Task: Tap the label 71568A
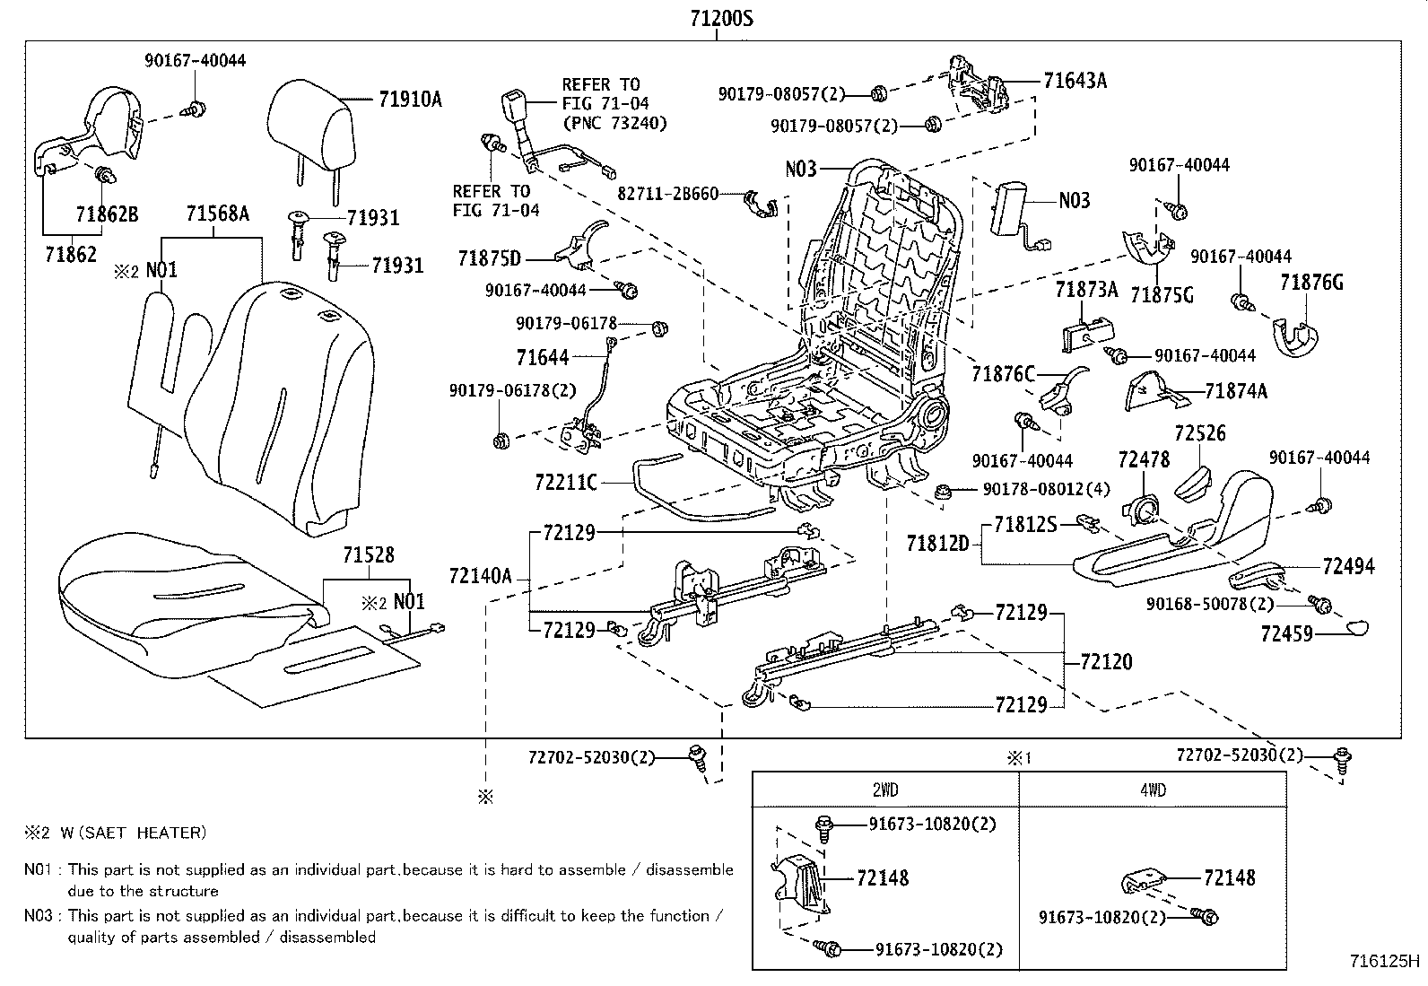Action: pos(217,214)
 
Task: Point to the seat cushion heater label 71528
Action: pos(368,556)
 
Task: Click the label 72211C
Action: pos(565,483)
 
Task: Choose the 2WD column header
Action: pos(884,790)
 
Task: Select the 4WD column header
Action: pos(1154,790)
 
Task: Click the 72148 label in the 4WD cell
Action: pos(1229,877)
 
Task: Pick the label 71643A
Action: pos(1075,81)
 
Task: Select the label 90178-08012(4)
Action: pos(1046,490)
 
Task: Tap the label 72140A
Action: pos(480,576)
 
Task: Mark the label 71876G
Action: pos(1311,284)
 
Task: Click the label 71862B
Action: pos(107,214)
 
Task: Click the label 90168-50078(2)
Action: pos(1209,604)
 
